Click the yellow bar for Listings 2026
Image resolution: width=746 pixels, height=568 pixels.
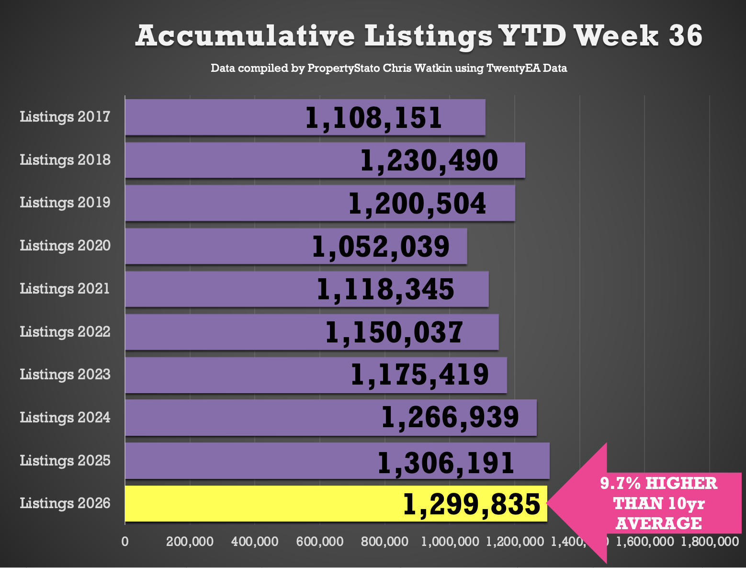pos(336,503)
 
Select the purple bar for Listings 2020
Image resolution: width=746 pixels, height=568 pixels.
pos(296,246)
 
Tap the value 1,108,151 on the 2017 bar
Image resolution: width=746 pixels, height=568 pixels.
pos(373,118)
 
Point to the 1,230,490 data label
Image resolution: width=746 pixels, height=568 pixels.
pos(429,161)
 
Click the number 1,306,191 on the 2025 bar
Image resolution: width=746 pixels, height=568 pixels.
pos(446,463)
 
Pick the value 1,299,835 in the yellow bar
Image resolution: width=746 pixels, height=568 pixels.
pos(471,504)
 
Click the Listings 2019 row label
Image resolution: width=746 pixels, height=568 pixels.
pos(65,203)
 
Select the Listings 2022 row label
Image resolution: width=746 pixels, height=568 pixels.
pos(65,332)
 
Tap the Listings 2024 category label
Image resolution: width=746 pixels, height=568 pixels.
pos(65,418)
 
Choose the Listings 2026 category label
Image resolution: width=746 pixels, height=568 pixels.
pos(65,504)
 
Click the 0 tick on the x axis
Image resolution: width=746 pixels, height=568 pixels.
pos(125,542)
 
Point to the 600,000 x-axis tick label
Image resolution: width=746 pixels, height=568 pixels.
pos(320,542)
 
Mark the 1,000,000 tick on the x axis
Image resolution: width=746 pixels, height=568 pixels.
pos(450,542)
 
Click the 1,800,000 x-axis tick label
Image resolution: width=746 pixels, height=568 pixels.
pos(710,542)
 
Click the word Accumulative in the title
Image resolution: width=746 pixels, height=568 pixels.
pos(245,36)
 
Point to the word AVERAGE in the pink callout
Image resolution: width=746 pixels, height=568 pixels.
pos(659,523)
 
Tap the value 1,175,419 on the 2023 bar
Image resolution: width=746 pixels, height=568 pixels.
pos(420,375)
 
